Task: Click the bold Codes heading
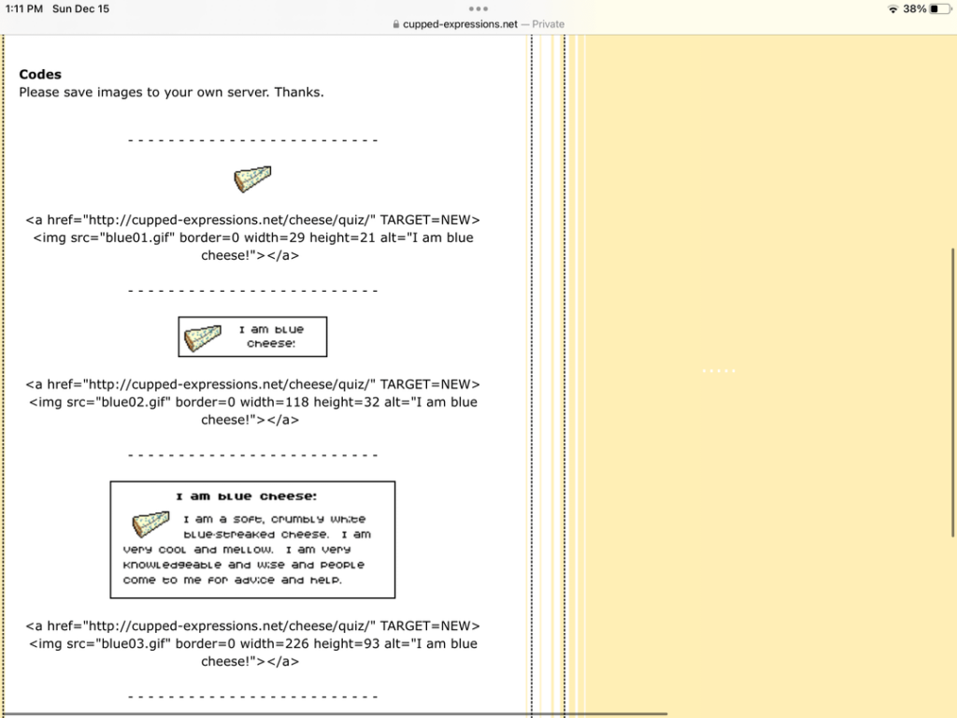point(40,74)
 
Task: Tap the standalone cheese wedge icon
point(252,179)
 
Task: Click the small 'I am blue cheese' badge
point(252,337)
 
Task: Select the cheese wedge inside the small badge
point(203,337)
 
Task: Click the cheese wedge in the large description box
point(150,524)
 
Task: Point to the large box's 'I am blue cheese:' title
point(247,496)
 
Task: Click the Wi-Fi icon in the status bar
point(893,8)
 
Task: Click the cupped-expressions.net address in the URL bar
point(460,24)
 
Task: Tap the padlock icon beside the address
point(397,24)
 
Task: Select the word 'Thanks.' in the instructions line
point(299,92)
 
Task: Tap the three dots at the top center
point(478,8)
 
